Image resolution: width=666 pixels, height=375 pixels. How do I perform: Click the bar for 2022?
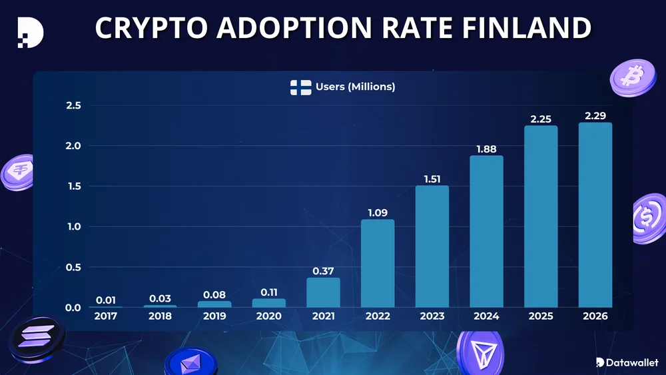tap(378, 263)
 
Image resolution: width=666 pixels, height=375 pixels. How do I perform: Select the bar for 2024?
tap(486, 231)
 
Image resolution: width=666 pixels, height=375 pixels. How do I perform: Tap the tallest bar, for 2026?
tap(595, 214)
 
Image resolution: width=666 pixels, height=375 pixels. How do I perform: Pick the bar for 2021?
tap(323, 292)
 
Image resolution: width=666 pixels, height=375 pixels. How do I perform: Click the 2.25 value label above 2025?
tap(541, 119)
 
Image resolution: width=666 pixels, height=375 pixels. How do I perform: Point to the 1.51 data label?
tap(432, 179)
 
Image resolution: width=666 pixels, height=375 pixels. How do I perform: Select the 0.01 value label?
tap(106, 300)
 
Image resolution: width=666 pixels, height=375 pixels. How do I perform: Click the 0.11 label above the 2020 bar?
tap(269, 291)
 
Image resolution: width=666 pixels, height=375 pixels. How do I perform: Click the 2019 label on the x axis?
tap(214, 316)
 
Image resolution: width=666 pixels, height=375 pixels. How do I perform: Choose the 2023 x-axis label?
tap(432, 316)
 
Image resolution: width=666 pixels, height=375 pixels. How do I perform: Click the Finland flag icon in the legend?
tap(300, 87)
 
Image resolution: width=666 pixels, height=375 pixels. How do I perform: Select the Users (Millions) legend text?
tap(355, 87)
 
